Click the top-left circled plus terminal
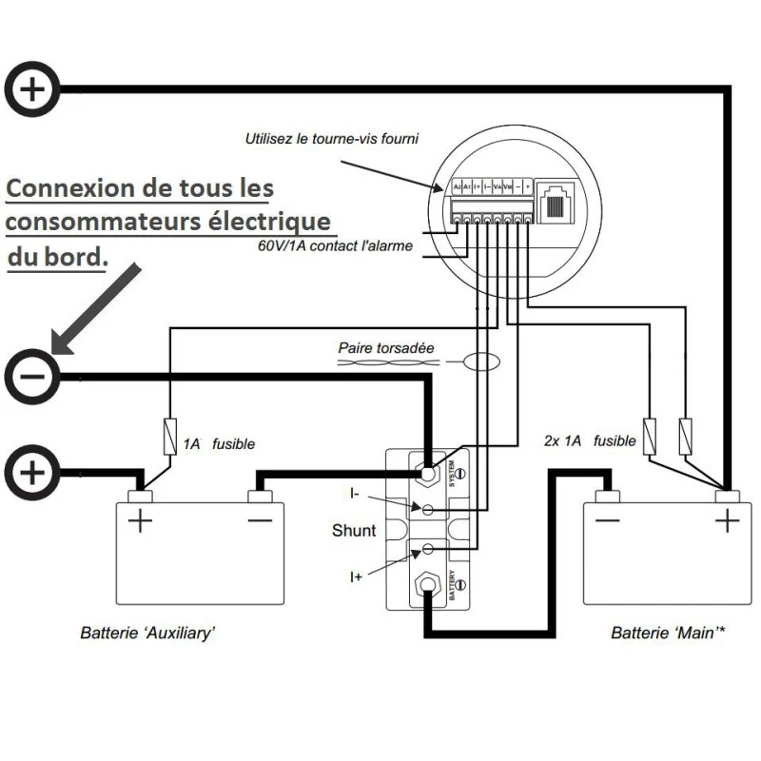pyautogui.click(x=33, y=89)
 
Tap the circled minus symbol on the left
pyautogui.click(x=33, y=377)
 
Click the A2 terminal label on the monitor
pyautogui.click(x=458, y=187)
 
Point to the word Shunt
pyautogui.click(x=354, y=530)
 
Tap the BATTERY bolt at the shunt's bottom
pyautogui.click(x=427, y=581)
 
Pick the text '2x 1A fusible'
pyautogui.click(x=590, y=441)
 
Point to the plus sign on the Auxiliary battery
pyautogui.click(x=140, y=521)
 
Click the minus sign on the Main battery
pyautogui.click(x=607, y=520)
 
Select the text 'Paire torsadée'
pyautogui.click(x=386, y=348)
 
